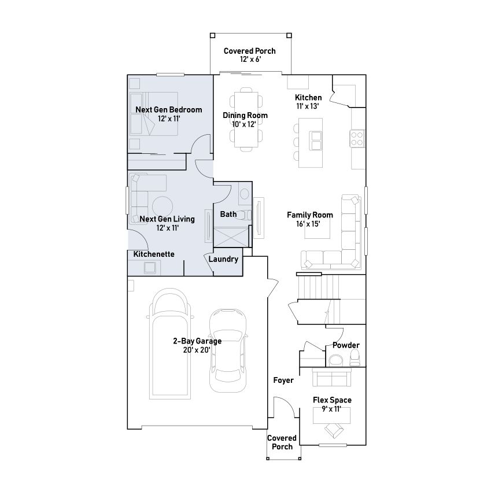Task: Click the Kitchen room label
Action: click(x=308, y=97)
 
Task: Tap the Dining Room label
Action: click(x=245, y=115)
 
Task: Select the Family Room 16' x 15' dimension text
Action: click(x=308, y=224)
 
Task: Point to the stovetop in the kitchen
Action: click(x=357, y=138)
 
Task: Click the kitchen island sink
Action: click(x=315, y=141)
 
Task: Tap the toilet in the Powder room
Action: click(x=355, y=358)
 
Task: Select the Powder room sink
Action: click(x=335, y=360)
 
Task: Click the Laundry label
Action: click(x=223, y=259)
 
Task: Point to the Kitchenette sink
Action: click(x=150, y=268)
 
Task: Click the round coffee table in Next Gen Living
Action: click(x=162, y=206)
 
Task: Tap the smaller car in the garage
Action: click(x=228, y=350)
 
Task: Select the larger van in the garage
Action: click(x=169, y=344)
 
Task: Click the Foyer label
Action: click(x=283, y=380)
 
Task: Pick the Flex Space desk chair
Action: click(x=334, y=430)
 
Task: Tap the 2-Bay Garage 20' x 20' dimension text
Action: click(x=197, y=350)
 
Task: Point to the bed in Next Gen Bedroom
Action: click(x=154, y=114)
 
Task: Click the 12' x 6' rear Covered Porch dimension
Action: click(x=250, y=59)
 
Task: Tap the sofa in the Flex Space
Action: click(x=332, y=376)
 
